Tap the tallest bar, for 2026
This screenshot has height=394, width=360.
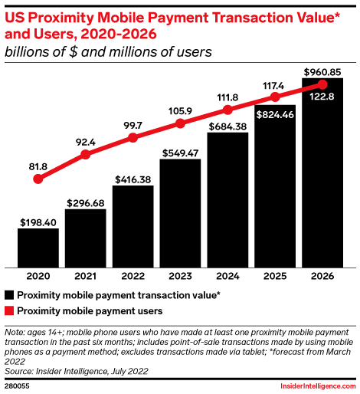322,176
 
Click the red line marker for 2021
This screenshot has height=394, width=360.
86,154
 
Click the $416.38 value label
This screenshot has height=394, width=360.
133,179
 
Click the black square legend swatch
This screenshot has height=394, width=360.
9,294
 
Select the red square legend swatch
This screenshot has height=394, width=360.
9,311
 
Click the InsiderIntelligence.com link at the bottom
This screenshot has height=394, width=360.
316,385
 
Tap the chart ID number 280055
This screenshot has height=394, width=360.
18,385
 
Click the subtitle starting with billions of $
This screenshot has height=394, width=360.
108,52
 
